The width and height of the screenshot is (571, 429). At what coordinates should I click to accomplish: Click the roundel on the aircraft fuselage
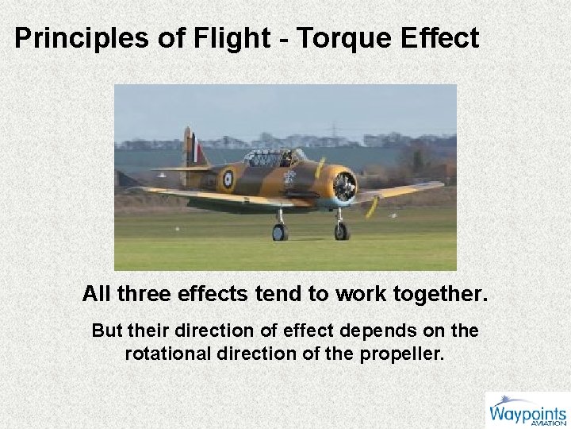pos(228,180)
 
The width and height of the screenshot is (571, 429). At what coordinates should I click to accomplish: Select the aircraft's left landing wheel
pos(280,231)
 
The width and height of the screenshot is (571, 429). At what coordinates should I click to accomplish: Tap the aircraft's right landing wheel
pos(341,230)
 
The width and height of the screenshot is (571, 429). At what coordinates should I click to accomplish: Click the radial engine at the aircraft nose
pos(344,186)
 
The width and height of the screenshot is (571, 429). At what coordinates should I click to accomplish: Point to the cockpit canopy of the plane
pos(270,158)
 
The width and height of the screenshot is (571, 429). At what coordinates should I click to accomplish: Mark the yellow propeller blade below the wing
pos(371,207)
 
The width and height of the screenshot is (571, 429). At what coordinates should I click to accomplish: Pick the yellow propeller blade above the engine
pos(320,167)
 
